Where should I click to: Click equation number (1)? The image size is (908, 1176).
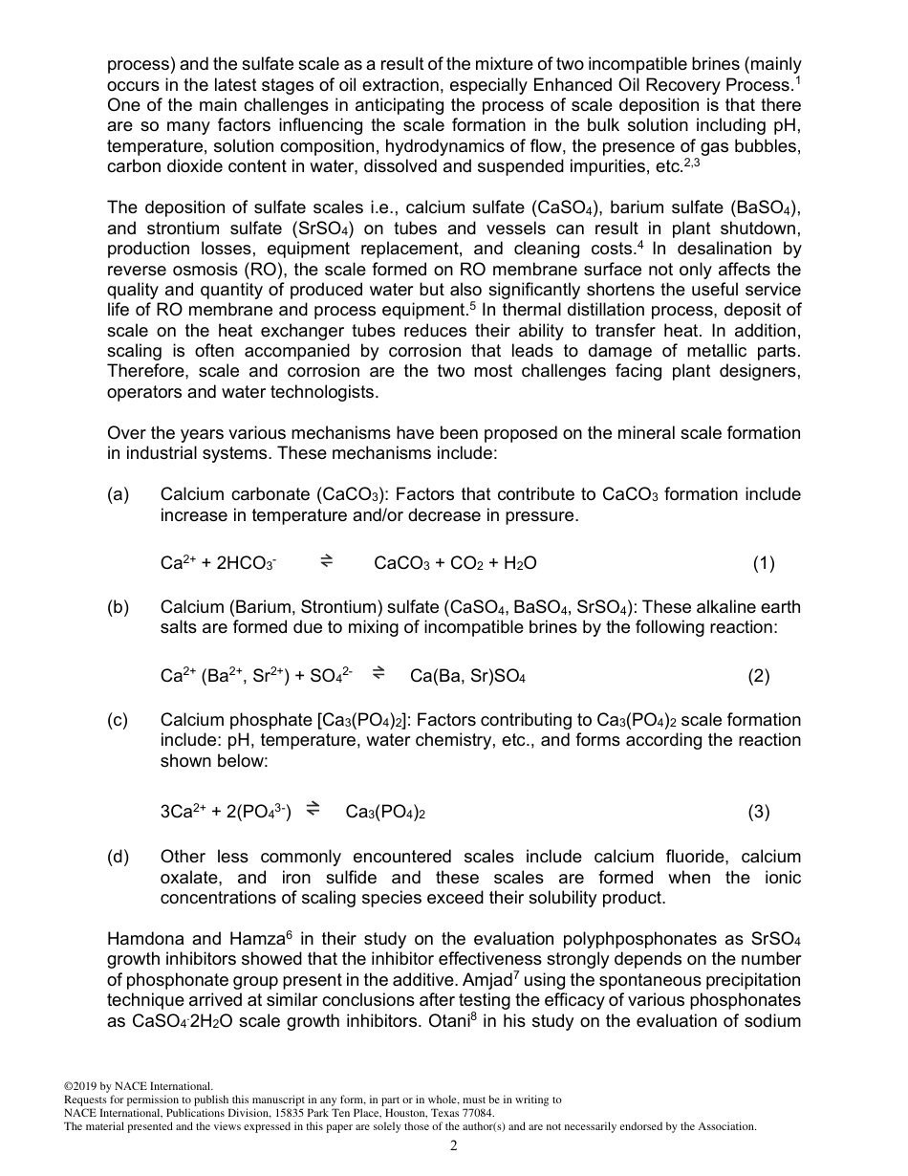(x=763, y=564)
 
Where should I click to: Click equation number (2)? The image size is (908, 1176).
(x=758, y=677)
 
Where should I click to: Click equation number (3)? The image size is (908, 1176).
(x=758, y=813)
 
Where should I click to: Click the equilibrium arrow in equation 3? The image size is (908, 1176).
(x=313, y=812)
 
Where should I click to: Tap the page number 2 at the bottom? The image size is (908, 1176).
(x=454, y=1146)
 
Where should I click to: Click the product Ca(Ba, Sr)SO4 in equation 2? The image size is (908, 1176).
(x=467, y=677)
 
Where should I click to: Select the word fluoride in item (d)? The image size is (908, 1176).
(x=689, y=857)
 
